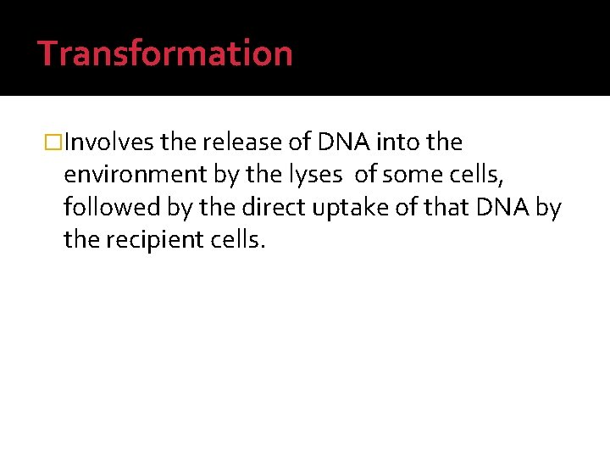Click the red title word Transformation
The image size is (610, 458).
165,53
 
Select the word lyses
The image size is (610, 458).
315,175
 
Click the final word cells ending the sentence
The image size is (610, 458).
241,241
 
